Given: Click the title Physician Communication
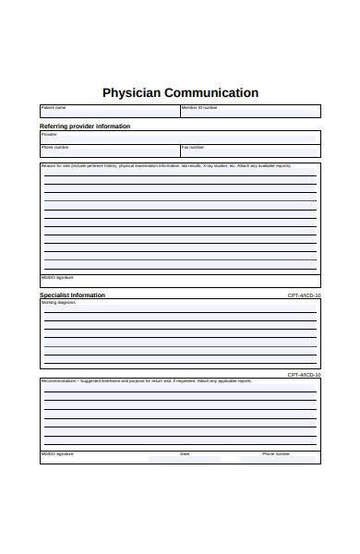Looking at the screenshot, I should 180,92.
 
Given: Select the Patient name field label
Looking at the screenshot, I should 54,107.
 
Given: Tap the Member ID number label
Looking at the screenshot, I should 199,107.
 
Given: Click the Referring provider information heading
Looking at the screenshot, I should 85,126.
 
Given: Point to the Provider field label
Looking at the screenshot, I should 49,134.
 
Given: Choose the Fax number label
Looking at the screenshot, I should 193,147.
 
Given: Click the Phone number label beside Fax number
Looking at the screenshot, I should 54,147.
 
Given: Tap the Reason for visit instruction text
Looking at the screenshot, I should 166,165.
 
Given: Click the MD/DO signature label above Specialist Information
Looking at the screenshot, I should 56,277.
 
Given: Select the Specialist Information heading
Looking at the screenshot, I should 72,295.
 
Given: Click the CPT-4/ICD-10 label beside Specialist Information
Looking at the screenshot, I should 304,295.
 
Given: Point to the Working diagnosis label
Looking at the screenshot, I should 59,302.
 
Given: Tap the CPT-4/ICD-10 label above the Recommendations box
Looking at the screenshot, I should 304,375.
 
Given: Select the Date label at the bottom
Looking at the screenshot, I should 185,453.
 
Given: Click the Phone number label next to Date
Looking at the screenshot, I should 276,453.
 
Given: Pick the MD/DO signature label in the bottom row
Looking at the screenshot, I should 56,453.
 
